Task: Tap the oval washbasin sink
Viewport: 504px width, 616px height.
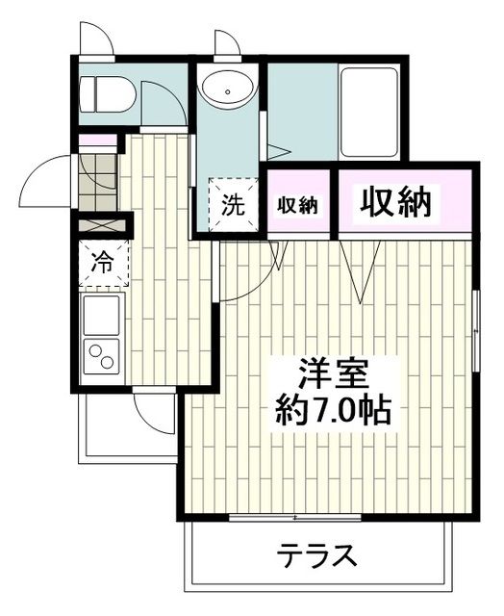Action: point(227,91)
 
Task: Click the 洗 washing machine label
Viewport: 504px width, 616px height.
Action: point(234,204)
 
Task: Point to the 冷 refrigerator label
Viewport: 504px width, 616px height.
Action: point(102,260)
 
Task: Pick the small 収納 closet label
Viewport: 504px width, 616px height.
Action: point(298,205)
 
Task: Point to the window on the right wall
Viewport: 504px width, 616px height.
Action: point(477,318)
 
